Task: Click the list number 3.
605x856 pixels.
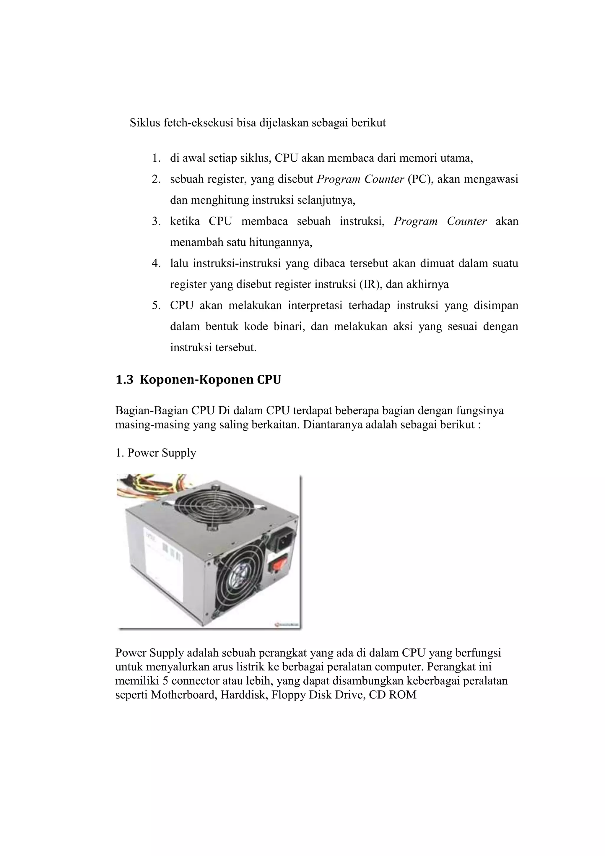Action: (x=155, y=221)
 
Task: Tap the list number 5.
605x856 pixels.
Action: (x=155, y=306)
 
